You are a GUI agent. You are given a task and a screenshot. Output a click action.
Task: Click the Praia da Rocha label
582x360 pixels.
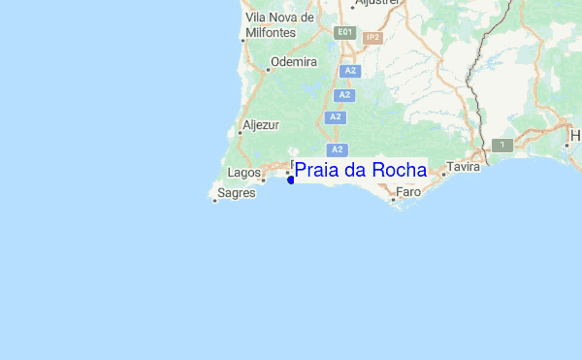360,171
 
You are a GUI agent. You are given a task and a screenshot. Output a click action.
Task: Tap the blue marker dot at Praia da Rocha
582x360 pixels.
291,180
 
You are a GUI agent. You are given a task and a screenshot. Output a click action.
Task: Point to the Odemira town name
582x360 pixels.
295,62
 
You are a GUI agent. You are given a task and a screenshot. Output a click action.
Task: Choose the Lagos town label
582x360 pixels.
242,172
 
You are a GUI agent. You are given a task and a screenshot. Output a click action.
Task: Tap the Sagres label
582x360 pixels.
238,193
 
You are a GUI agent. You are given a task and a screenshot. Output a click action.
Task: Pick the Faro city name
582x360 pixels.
408,192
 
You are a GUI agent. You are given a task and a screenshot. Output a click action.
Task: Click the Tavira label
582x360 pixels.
464,167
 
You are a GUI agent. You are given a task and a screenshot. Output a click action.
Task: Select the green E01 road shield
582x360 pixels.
344,32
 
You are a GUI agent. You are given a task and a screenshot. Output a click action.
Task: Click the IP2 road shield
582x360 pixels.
372,38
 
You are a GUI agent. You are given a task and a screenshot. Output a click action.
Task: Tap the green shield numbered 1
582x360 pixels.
502,145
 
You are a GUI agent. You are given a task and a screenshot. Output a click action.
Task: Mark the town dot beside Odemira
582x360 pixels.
268,68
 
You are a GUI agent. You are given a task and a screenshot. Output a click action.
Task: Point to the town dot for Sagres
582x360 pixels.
214,201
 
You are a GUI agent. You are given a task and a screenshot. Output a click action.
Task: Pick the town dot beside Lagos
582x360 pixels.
263,180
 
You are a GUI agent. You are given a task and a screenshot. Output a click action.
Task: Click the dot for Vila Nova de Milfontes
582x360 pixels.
242,41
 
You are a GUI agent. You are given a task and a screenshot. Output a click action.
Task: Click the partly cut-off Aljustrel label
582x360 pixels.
377,3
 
